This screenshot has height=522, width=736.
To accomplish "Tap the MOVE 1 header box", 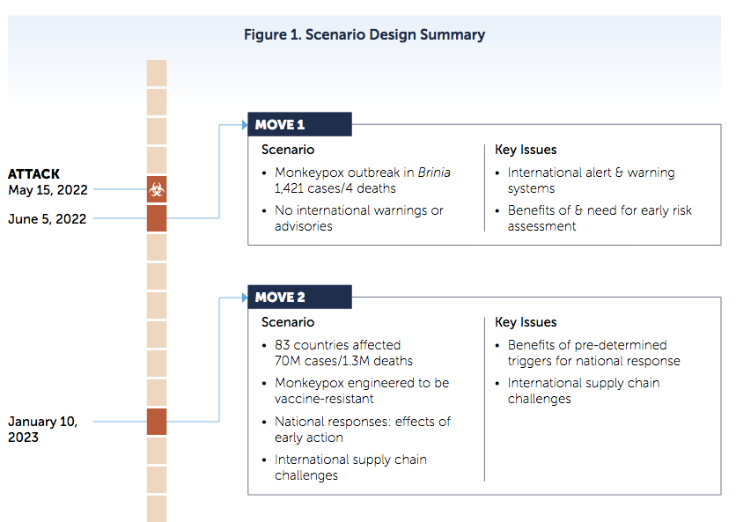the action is tap(300, 124).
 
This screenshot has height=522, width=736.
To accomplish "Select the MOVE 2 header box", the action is tap(300, 298).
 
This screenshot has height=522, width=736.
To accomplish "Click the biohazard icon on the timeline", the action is tap(157, 189).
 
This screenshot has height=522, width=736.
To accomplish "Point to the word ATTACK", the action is tap(33, 174).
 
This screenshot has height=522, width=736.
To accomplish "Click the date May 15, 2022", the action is tap(48, 190).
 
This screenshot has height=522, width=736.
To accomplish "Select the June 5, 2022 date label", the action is tap(48, 219).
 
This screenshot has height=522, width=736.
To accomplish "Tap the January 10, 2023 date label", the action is tap(43, 429).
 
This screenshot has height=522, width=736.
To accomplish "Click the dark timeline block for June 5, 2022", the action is tap(157, 218).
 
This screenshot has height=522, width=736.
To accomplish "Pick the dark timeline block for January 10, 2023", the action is tap(157, 422).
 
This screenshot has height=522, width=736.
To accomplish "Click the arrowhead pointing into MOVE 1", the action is tap(245, 125).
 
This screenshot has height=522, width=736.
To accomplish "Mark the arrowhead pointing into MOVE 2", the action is tap(245, 298).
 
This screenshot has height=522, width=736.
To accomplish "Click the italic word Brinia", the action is tap(434, 173).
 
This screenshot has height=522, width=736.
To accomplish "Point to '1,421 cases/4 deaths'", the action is tap(335, 188).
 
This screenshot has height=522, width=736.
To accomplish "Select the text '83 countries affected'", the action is tap(337, 345).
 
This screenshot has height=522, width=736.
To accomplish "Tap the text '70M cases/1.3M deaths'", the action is tap(343, 361).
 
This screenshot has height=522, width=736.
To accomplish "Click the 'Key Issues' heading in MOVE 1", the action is tap(526, 150).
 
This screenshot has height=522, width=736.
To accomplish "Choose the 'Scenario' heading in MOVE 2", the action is tap(288, 322).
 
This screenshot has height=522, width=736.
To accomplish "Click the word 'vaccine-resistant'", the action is tap(324, 399).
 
